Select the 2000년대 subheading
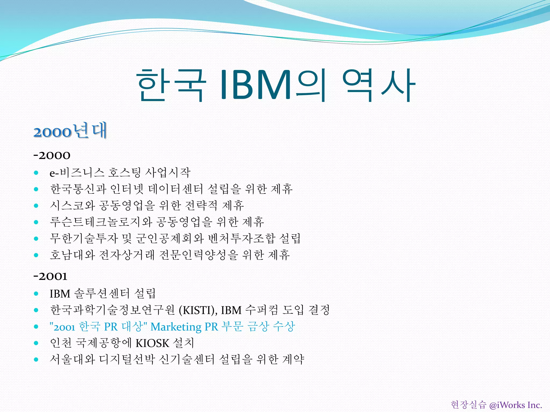tap(70, 131)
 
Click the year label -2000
tap(52, 155)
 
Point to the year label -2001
tap(50, 276)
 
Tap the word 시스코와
tap(73, 205)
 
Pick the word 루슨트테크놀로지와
tap(101, 222)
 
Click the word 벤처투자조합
tap(242, 238)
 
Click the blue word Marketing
tap(176, 327)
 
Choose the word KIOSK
tap(152, 343)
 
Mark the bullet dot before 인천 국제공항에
tap(36, 343)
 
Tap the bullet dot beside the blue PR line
tap(36, 327)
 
